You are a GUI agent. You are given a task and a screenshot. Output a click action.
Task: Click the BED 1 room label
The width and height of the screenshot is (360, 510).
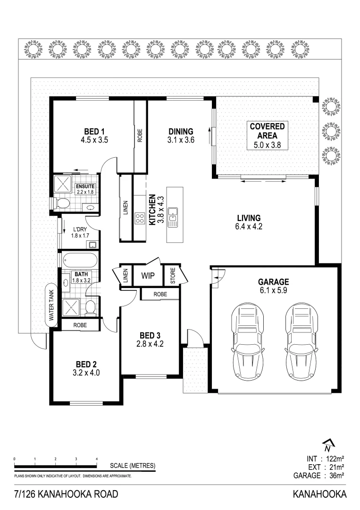94,136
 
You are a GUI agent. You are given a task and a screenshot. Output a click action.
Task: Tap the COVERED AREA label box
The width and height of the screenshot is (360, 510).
268,136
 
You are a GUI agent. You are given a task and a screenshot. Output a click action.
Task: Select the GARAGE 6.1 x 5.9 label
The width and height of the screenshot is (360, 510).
273,286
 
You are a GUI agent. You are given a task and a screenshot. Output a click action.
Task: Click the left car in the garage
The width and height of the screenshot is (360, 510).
247,342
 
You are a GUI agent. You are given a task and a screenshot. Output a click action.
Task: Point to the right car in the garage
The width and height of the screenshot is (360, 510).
301,342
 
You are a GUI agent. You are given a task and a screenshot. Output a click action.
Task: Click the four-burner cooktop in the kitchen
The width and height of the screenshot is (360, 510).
140,218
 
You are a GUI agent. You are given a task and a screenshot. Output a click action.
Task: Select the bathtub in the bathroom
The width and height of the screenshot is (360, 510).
80,260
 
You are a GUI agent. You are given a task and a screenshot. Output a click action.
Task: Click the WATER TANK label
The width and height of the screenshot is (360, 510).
51,305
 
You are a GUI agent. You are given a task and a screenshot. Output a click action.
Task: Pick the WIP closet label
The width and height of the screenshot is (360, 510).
148,276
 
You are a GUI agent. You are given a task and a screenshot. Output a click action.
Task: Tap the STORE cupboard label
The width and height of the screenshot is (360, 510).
173,275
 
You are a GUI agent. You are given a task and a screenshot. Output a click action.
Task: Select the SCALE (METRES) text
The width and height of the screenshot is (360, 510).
133,466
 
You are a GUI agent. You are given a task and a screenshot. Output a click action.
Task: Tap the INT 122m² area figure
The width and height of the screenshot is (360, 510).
325,459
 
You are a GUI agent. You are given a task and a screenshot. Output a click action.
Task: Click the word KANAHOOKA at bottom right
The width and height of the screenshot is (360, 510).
320,494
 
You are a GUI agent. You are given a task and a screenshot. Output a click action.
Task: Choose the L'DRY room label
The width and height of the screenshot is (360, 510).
80,232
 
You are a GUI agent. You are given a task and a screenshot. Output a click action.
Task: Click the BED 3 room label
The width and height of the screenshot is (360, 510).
150,340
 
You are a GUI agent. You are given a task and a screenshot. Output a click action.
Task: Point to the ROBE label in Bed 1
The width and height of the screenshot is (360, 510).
140,136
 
